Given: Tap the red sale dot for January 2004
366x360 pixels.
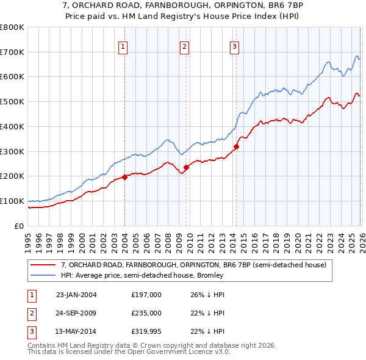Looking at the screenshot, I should pos(124,177).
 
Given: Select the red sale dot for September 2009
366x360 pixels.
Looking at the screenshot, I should pos(186,167).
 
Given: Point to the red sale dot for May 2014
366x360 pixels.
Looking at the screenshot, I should pos(236,146).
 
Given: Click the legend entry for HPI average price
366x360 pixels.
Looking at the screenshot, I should pos(142,275).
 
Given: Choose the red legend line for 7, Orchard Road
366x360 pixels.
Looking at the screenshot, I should pos(43,265).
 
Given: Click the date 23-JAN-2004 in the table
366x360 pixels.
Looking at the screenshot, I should pos(76,295).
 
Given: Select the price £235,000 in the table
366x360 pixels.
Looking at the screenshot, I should pos(146,313).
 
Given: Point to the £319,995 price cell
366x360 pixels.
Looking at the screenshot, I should pos(146,331).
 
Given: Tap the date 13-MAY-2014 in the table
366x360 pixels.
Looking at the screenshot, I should pos(76,331).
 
